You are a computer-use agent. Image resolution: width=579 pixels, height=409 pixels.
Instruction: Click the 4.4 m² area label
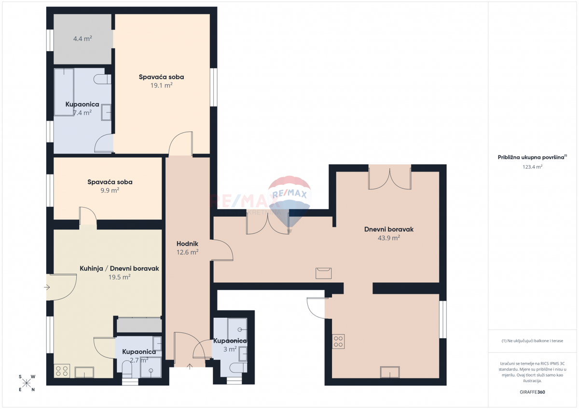pos(83,39)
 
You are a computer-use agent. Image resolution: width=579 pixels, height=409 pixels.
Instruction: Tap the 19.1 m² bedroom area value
pos(161,85)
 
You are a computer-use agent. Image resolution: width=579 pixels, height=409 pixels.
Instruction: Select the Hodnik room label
pos(187,244)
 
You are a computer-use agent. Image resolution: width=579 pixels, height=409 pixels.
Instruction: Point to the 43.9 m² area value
pos(389,237)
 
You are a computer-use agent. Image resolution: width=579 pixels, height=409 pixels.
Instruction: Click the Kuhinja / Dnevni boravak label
pos(119,269)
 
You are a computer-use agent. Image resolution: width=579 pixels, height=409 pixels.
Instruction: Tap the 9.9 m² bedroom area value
pos(110,190)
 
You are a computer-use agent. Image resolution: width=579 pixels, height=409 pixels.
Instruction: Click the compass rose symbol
pos(27,383)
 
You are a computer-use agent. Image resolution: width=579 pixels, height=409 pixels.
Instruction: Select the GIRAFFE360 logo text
pos(532,392)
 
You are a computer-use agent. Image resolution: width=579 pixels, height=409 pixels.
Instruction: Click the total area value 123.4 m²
pos(532,167)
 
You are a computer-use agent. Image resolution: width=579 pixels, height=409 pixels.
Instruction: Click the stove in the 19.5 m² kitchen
pos(62,371)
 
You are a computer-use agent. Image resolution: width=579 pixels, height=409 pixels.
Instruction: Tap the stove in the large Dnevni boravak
pos(338,342)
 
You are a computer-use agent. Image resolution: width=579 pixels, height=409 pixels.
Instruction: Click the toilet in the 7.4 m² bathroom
pos(102,79)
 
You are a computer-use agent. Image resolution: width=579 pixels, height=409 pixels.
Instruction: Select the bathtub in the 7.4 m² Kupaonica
pos(64,92)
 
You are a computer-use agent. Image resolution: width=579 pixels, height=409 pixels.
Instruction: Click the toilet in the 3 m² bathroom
pos(238,368)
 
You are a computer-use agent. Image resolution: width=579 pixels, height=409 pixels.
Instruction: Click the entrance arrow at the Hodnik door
pos(190,367)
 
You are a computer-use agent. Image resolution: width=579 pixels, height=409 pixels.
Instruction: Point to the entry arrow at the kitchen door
pos(47,287)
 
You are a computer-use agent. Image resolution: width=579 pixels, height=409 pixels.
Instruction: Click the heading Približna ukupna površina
pos(532,158)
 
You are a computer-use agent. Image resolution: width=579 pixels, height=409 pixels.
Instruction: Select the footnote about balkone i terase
pos(532,341)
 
